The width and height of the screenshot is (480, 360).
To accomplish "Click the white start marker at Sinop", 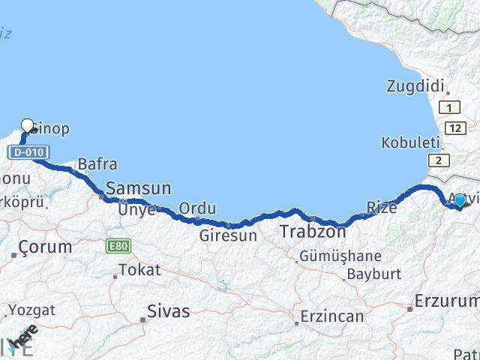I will [28, 126].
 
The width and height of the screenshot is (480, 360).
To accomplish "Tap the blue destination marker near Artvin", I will [460, 199].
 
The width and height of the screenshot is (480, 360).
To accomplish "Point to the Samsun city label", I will [139, 188].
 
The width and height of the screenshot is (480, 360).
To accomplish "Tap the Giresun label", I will [228, 235].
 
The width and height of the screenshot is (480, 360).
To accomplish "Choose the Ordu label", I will [198, 208].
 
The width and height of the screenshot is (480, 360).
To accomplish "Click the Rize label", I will [382, 207].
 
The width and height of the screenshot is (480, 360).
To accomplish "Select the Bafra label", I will [97, 163].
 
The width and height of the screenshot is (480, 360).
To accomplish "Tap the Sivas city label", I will [168, 311].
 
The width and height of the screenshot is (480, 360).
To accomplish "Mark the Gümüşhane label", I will [340, 256].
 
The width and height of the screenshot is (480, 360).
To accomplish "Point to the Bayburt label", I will [374, 274].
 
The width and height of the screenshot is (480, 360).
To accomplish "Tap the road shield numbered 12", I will [454, 128].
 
